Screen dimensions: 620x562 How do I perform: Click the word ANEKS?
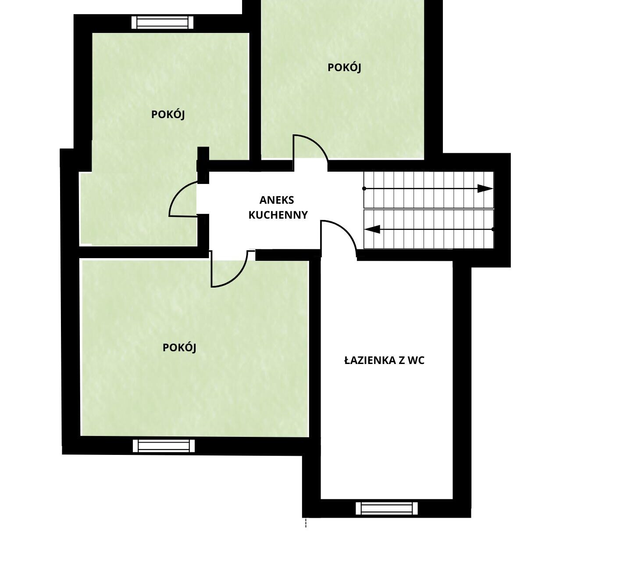277,200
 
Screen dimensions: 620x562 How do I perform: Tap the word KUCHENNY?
278,215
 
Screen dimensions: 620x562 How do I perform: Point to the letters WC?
416,360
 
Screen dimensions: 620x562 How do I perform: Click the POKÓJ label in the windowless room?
344,68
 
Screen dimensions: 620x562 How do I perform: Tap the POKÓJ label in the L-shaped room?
168,114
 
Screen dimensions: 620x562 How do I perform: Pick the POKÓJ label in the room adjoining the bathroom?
179,347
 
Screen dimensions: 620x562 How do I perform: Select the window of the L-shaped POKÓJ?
163,22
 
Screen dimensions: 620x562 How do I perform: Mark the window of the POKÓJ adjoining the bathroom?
164,446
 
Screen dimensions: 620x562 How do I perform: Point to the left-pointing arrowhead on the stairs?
372,230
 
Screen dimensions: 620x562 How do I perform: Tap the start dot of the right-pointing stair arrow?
364,188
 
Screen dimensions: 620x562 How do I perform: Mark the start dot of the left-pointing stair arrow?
493,230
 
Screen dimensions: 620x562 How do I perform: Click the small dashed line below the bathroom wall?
306,523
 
